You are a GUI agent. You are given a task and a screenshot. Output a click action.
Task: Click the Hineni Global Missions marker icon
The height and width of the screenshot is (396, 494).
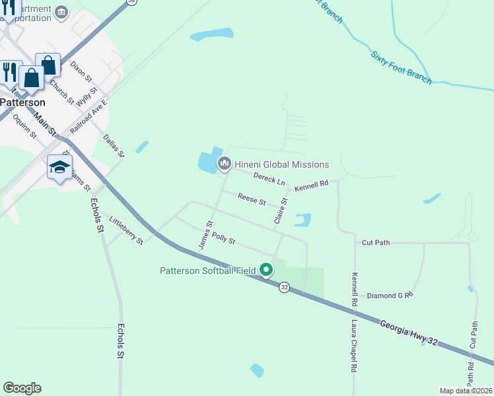coord(225,163)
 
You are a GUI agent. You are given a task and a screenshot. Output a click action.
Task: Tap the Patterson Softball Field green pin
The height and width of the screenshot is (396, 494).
coord(266,269)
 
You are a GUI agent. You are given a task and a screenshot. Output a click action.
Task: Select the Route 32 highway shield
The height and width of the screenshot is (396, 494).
coord(284,287)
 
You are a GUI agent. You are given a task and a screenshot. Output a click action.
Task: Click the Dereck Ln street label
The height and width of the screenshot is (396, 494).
coord(269,178)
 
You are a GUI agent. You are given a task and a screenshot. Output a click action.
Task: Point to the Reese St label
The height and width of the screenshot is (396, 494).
coord(252,199)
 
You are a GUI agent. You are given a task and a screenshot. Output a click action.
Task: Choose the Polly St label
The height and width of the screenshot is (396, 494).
coord(224,238)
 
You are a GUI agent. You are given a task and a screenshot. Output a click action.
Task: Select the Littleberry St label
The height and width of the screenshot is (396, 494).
coord(126,230)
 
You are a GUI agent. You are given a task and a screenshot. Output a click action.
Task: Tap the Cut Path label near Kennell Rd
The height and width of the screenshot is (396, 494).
coord(376,243)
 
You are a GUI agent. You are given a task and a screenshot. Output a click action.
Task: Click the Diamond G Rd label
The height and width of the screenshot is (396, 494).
coord(390,295)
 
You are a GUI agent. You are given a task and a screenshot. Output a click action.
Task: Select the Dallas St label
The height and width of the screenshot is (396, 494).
coord(114,146)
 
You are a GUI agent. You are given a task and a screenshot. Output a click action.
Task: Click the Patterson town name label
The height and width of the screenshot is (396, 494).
coord(23,102)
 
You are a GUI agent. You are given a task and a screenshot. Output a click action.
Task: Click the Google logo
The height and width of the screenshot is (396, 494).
coord(22,388)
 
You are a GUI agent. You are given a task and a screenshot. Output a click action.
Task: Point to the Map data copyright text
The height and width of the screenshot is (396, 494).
coord(466,391)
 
